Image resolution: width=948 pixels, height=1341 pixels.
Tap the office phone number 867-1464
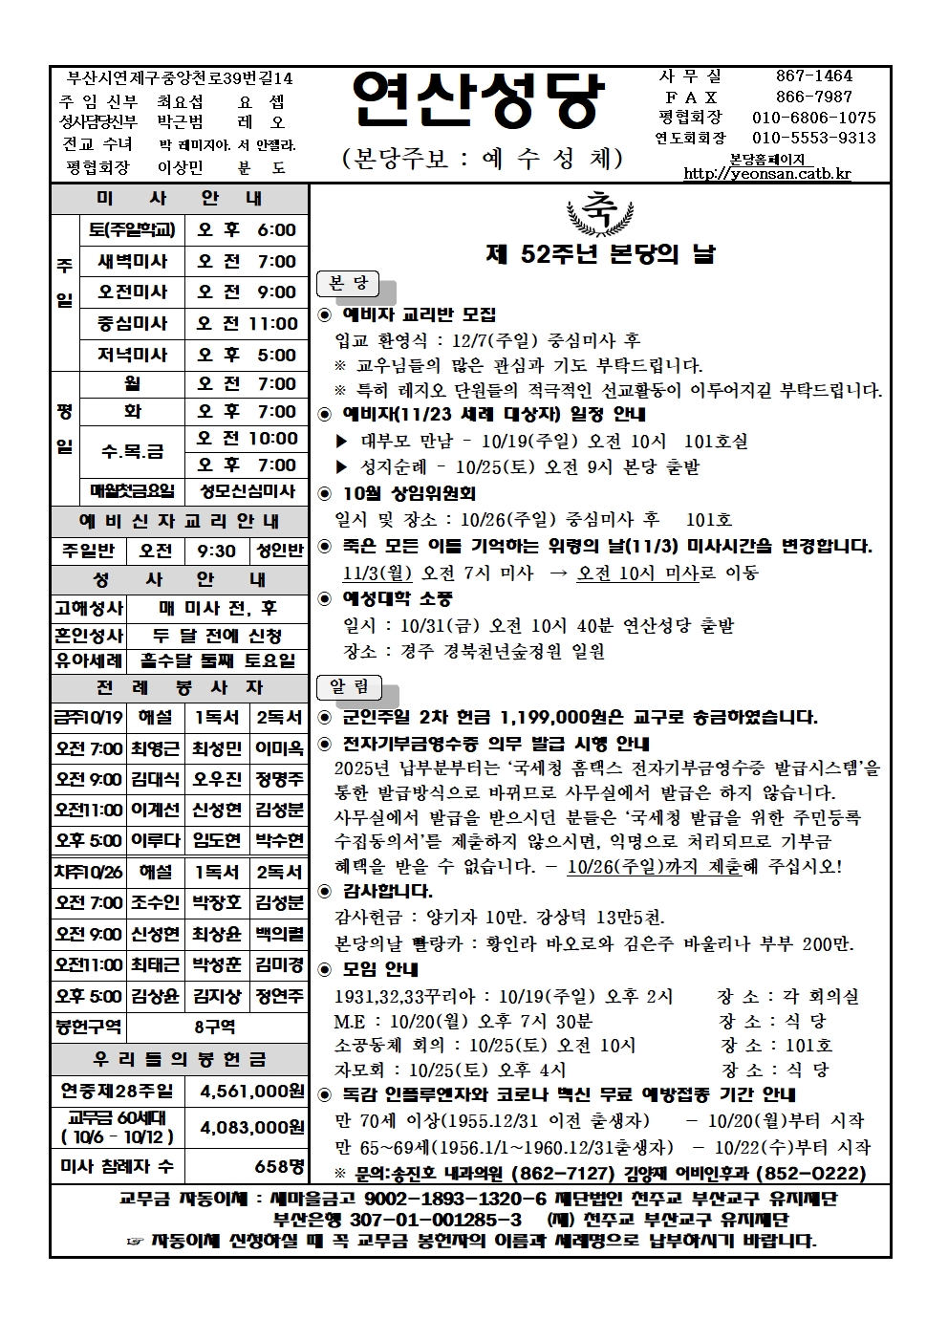pyautogui.click(x=813, y=76)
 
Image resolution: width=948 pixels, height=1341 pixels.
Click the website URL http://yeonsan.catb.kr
pyautogui.click(x=766, y=174)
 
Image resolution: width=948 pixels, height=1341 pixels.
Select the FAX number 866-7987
pyautogui.click(x=813, y=97)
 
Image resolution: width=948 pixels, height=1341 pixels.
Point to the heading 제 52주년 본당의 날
pyautogui.click(x=600, y=254)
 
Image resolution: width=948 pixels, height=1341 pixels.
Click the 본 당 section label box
pyautogui.click(x=348, y=284)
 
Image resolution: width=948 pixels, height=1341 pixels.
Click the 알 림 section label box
pyautogui.click(x=349, y=687)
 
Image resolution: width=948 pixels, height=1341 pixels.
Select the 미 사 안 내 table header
pyautogui.click(x=180, y=199)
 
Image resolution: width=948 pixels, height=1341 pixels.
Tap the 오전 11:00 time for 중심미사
pyautogui.click(x=248, y=323)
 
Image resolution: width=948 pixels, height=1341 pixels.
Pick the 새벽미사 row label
pyautogui.click(x=132, y=261)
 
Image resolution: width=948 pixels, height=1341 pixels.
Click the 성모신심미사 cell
pyautogui.click(x=248, y=491)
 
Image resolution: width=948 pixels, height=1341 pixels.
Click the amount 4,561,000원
pyautogui.click(x=251, y=1091)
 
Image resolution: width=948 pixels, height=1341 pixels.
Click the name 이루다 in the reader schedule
pyautogui.click(x=155, y=841)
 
